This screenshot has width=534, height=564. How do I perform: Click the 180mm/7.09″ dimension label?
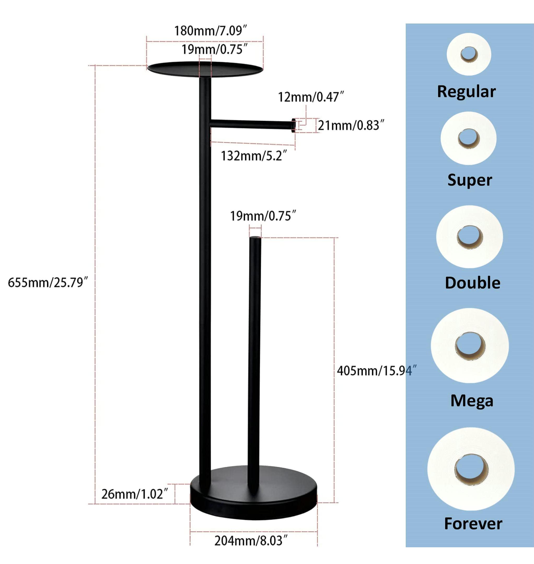pos(210,31)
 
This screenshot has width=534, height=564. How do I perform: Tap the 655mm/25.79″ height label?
pos(48,282)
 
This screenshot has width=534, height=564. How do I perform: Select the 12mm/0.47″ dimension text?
pos(311,97)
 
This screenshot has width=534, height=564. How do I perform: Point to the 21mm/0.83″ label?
pos(351,126)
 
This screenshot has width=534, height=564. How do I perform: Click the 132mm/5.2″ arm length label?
pos(254,156)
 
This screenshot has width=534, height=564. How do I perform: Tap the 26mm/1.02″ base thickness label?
pos(135,494)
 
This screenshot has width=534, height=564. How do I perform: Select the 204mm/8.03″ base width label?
pos(251,541)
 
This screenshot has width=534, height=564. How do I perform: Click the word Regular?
pos(466,92)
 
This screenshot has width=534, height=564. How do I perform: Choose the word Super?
pos(470,180)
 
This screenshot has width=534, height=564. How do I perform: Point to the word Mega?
pos(472,401)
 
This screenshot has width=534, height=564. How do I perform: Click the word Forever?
pos(473,524)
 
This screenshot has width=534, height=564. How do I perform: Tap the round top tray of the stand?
pos(205,69)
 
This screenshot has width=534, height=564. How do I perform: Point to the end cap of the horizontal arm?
pos(293,125)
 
